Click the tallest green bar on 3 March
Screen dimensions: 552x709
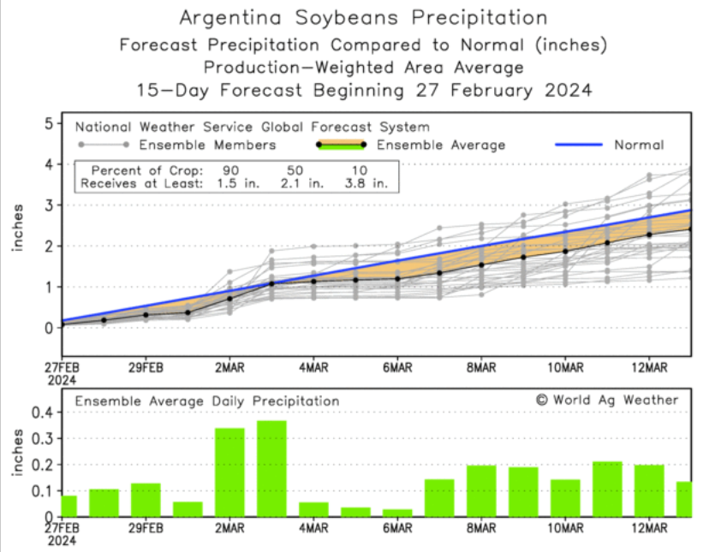point(271,469)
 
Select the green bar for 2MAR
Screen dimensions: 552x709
point(229,472)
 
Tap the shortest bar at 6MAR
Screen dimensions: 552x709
point(397,513)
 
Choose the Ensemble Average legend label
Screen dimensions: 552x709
point(441,145)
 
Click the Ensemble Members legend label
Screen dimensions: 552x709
point(207,145)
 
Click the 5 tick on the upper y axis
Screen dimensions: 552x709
point(48,122)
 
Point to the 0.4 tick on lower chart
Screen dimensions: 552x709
point(43,413)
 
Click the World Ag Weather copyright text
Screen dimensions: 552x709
point(607,400)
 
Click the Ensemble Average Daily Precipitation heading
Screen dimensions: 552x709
point(206,401)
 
